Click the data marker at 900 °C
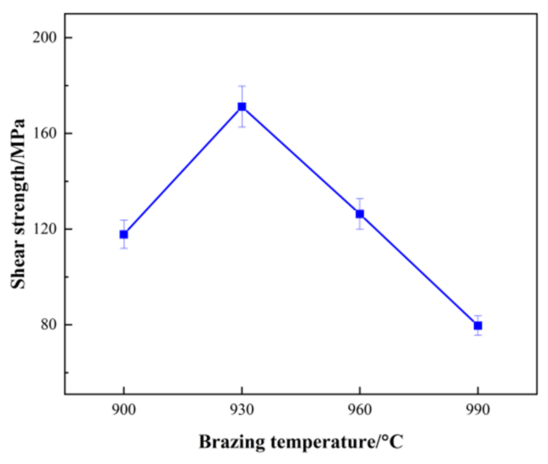[x=124, y=234]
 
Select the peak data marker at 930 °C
[x=242, y=107]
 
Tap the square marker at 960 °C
[x=360, y=214]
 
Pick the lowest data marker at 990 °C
[x=478, y=326]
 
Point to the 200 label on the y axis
[x=45, y=38]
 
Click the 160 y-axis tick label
[x=45, y=134]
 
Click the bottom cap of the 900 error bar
[x=124, y=248]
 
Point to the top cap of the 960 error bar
[x=360, y=199]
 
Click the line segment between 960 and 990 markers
[x=419, y=270]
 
